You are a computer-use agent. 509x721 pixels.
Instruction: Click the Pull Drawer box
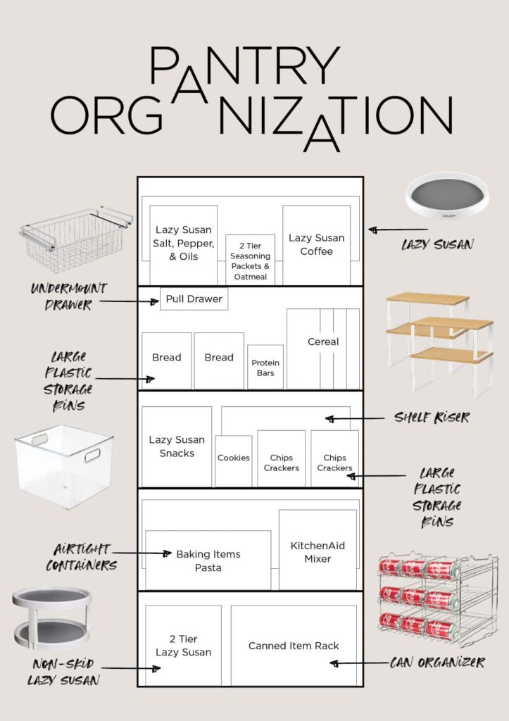pyautogui.click(x=194, y=299)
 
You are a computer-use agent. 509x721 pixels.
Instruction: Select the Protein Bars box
pyautogui.click(x=265, y=367)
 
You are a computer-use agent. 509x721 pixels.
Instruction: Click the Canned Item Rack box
pyautogui.click(x=294, y=645)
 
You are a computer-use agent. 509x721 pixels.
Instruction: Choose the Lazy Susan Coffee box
pyautogui.click(x=316, y=244)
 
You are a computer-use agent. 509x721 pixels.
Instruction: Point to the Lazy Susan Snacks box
pyautogui.click(x=177, y=446)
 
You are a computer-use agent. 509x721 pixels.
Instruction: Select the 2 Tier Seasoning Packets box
pyautogui.click(x=250, y=260)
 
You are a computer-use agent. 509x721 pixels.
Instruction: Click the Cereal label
pyautogui.click(x=323, y=341)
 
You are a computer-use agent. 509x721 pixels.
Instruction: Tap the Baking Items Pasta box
pyautogui.click(x=208, y=560)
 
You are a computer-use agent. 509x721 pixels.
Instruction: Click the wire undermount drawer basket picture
pyautogui.click(x=75, y=240)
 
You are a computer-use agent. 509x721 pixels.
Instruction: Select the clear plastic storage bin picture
pyautogui.click(x=64, y=465)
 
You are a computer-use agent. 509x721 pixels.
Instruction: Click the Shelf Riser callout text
pyautogui.click(x=432, y=418)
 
